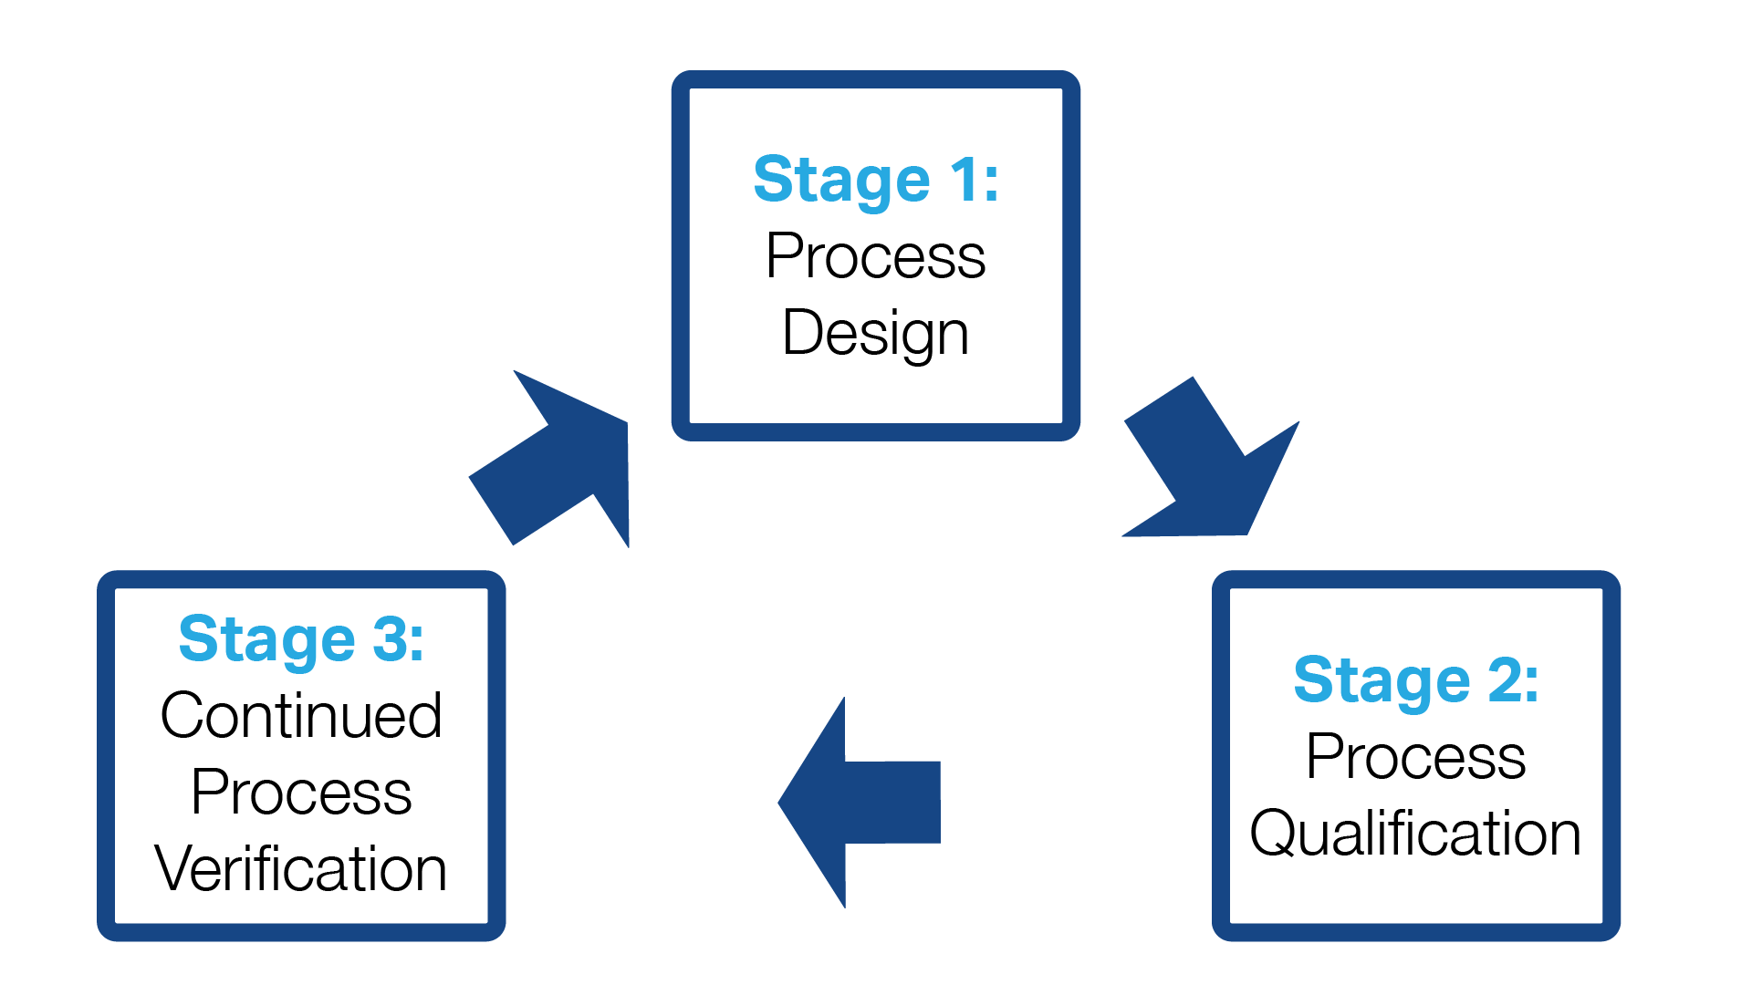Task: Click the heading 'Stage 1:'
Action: pyautogui.click(x=876, y=180)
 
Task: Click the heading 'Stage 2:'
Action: pyautogui.click(x=1416, y=680)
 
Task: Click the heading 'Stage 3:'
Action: pyautogui.click(x=301, y=638)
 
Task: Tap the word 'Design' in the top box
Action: pyautogui.click(x=876, y=334)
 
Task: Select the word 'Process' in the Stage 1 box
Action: pyautogui.click(x=876, y=256)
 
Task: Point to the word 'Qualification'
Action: pyautogui.click(x=1415, y=834)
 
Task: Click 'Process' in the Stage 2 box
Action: pyautogui.click(x=1416, y=757)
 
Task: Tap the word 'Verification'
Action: pyautogui.click(x=301, y=868)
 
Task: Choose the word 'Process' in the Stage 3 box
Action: pyautogui.click(x=301, y=792)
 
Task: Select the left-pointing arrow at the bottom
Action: pyautogui.click(x=867, y=803)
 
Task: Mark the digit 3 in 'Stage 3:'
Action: pyautogui.click(x=390, y=638)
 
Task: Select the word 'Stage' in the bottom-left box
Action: pyautogui.click(x=266, y=640)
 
